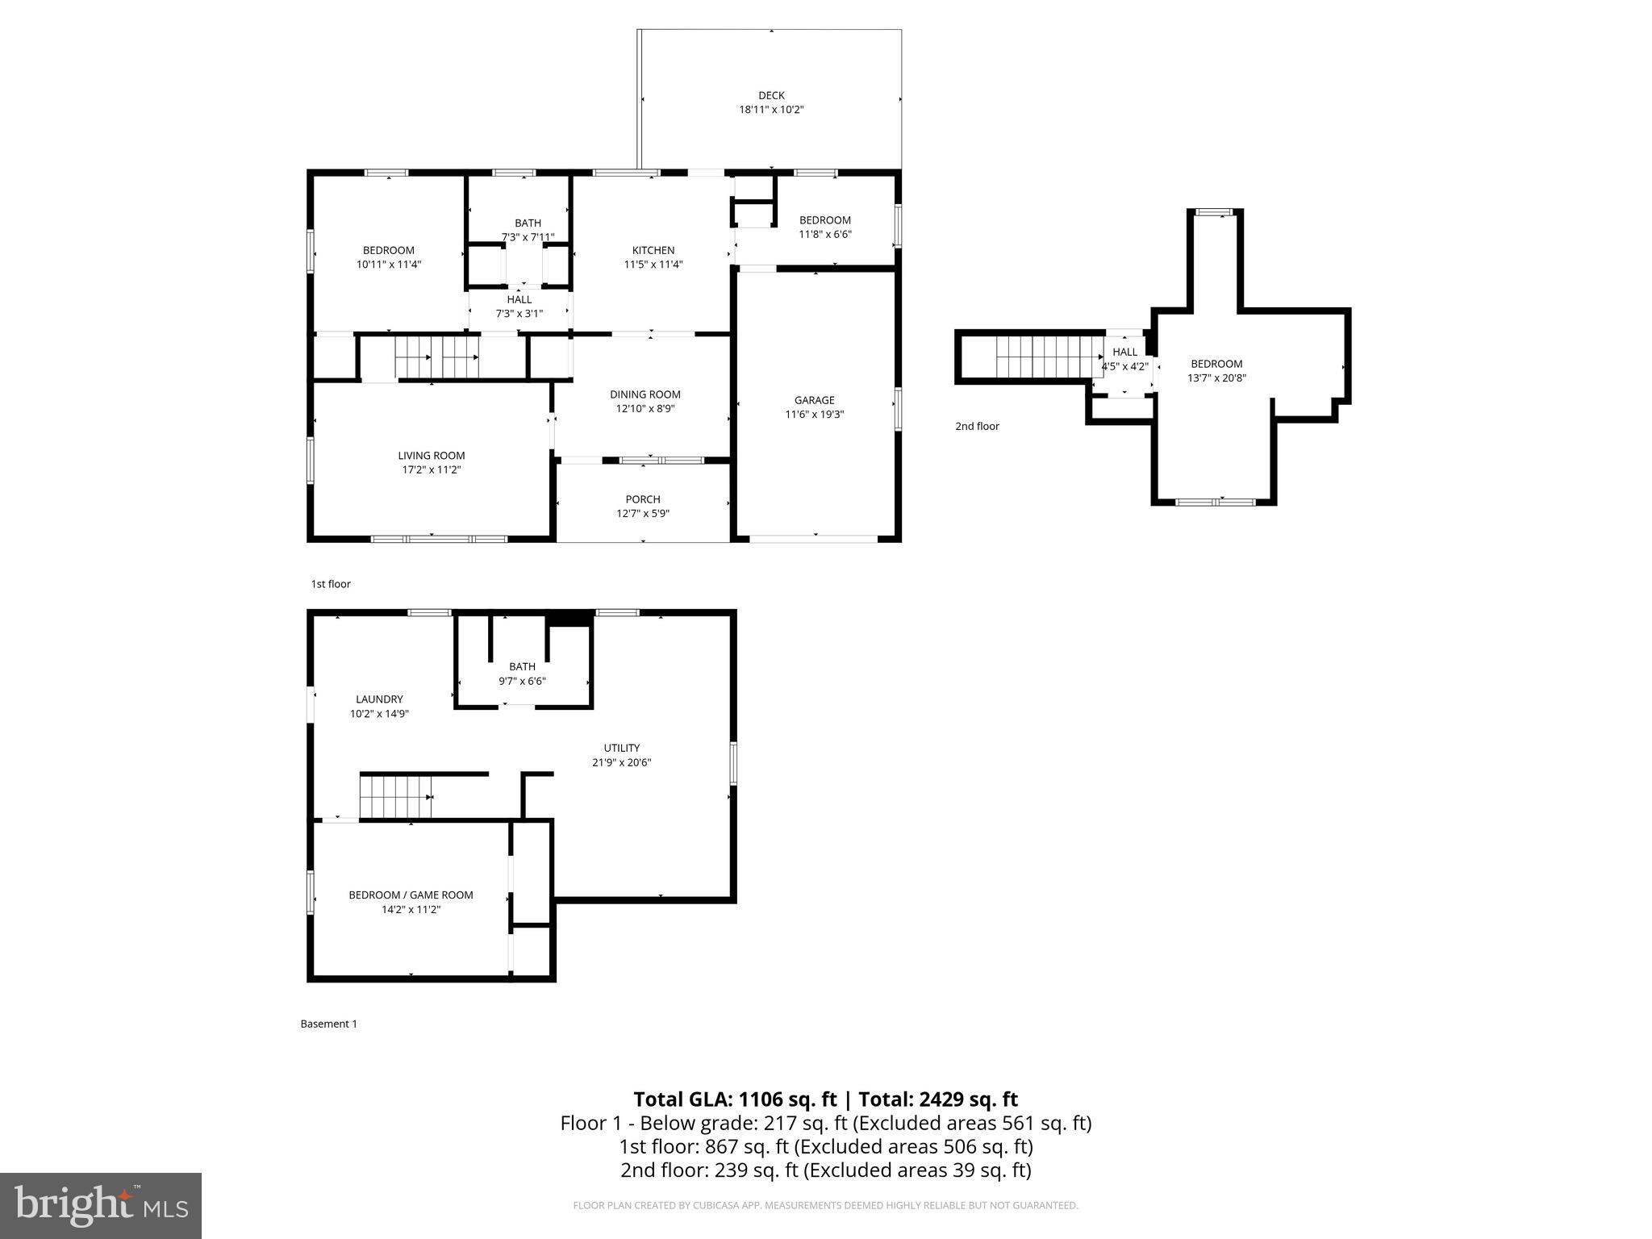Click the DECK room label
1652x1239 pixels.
click(x=771, y=95)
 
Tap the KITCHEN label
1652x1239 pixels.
click(x=653, y=250)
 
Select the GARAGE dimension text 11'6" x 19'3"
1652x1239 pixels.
click(x=814, y=415)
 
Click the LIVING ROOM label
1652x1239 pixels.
click(x=431, y=456)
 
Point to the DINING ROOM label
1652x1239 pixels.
click(x=645, y=394)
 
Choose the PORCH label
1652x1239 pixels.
click(x=643, y=499)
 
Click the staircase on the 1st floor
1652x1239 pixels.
click(x=436, y=357)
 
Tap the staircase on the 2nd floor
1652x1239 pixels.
click(x=1049, y=357)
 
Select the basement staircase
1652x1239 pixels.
click(x=395, y=796)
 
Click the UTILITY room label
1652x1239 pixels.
click(x=621, y=748)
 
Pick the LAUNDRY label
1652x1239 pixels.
click(x=379, y=699)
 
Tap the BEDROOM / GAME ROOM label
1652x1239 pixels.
click(x=411, y=895)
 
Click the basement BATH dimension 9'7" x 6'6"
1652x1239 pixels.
click(x=522, y=681)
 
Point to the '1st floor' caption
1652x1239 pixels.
click(x=331, y=584)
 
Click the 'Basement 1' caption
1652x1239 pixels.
click(x=328, y=1024)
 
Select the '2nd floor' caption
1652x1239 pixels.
click(x=977, y=426)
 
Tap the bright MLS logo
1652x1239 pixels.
click(x=101, y=1205)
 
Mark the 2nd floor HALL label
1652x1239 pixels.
click(x=1124, y=352)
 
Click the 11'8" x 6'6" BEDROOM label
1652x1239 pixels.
click(x=824, y=220)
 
